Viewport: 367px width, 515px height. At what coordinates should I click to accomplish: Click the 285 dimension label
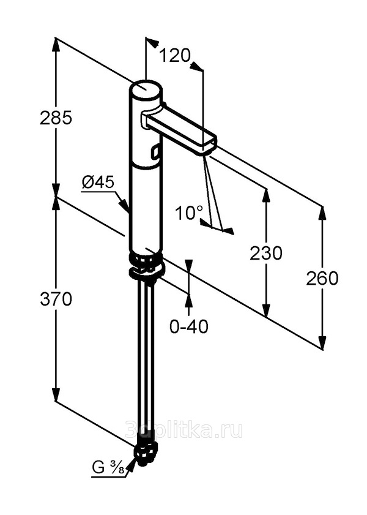click(x=56, y=118)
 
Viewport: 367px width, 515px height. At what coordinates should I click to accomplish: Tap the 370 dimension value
click(x=56, y=299)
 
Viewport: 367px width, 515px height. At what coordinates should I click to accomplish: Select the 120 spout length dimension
click(x=174, y=55)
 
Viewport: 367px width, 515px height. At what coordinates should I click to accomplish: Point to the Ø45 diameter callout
click(x=98, y=182)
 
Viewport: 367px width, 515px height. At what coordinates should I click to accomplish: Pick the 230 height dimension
click(x=266, y=254)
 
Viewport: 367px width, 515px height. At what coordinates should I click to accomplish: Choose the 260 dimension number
click(x=322, y=279)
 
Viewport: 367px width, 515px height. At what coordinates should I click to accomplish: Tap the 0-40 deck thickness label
click(x=189, y=326)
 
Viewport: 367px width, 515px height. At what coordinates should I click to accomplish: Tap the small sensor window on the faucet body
click(x=155, y=152)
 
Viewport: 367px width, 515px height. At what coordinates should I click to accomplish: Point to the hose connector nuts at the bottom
click(x=146, y=454)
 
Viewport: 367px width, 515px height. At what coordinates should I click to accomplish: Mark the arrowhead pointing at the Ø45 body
click(x=124, y=205)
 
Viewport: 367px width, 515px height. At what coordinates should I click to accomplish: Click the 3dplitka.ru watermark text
click(x=184, y=430)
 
